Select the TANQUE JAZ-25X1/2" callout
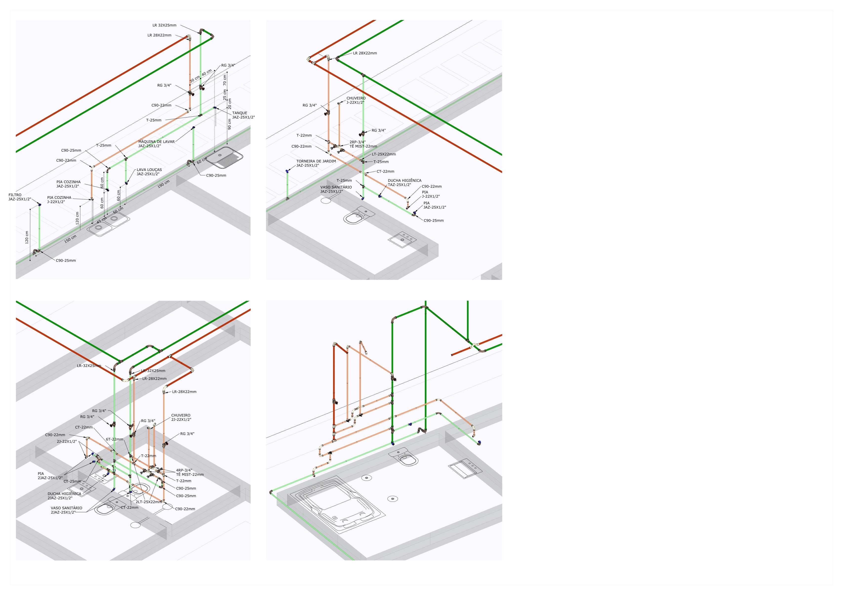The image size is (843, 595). pyautogui.click(x=243, y=115)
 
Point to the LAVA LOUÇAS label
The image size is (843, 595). pyautogui.click(x=149, y=172)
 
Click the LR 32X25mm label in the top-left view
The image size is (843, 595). pyautogui.click(x=164, y=25)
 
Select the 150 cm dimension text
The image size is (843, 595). pyautogui.click(x=70, y=239)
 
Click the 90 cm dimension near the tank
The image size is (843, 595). pyautogui.click(x=229, y=124)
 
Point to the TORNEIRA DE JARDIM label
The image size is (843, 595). pyautogui.click(x=316, y=163)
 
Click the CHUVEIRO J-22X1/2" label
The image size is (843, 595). pyautogui.click(x=356, y=100)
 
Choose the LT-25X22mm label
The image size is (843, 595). pyautogui.click(x=384, y=154)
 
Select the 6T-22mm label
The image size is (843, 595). pyautogui.click(x=115, y=439)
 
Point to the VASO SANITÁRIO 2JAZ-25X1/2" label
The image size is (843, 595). pyautogui.click(x=66, y=510)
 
